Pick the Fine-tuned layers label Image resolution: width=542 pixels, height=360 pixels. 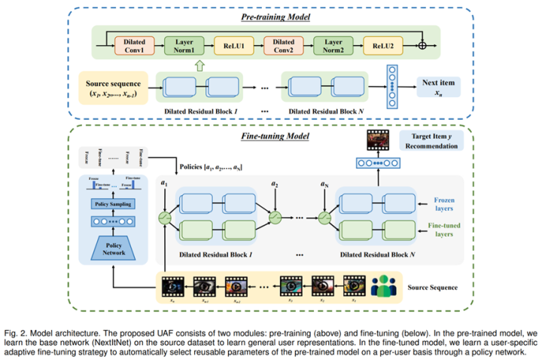coord(447,228)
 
